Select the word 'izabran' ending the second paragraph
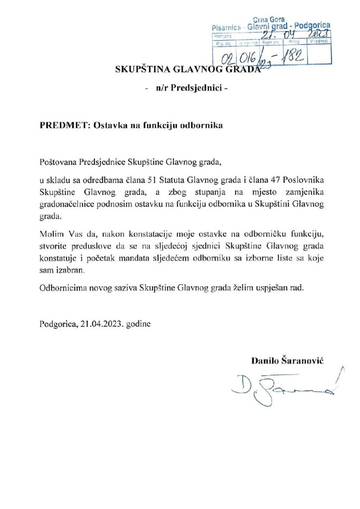72,271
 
